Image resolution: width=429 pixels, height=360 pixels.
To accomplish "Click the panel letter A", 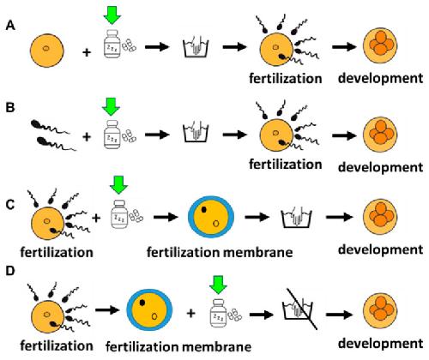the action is coord(10,26).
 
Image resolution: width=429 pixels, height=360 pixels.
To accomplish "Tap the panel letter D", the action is coord(10,271).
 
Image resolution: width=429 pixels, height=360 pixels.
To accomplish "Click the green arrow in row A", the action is coord(112,15).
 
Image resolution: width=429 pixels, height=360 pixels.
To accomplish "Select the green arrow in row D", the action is coord(218,285).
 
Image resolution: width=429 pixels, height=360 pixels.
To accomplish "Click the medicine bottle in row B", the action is coord(112,135).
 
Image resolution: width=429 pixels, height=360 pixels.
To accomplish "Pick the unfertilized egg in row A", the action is coord(47,51).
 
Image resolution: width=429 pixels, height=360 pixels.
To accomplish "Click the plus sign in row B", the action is coord(87,137).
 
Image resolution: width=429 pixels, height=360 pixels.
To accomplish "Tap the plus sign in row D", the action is coord(191,314).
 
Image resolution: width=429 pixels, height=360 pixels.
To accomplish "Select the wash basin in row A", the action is coord(196,47).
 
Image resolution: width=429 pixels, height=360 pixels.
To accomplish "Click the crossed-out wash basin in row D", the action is coord(298,309).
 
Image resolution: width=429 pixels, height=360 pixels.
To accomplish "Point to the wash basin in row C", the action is coord(297,218).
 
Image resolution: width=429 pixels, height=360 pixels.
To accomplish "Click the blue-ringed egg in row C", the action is coord(211,217).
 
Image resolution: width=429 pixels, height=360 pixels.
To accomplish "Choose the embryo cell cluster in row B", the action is coord(380,135).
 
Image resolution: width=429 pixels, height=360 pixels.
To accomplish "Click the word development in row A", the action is coord(380,78).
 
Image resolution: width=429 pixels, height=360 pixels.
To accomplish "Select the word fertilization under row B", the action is coord(286,165).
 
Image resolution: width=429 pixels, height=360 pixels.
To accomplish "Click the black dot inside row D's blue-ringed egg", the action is coord(142,303).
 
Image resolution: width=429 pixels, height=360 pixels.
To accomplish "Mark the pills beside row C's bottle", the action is coord(136,216).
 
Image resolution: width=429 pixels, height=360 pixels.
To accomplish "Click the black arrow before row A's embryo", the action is coord(344,46).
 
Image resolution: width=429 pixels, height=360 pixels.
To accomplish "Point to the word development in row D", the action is coord(380,343).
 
